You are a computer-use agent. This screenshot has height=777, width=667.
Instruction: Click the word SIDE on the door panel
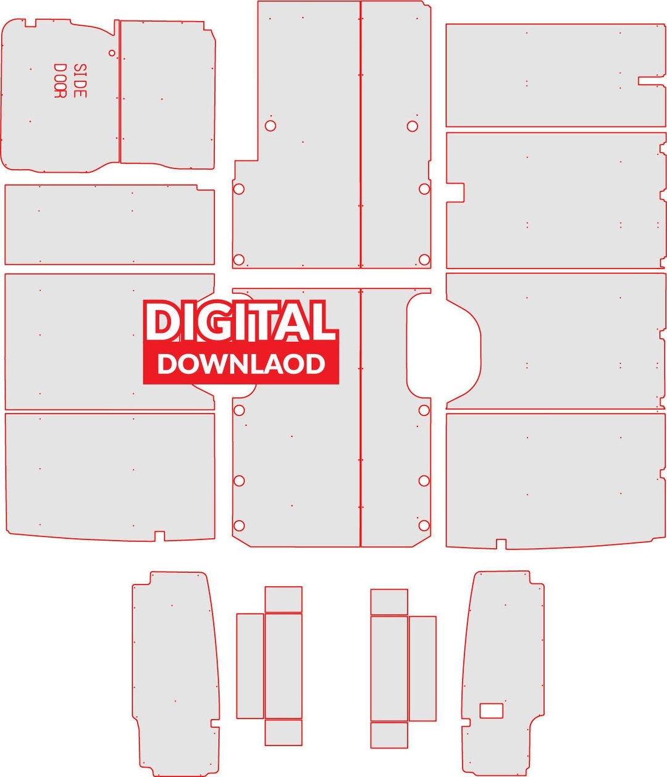[x=80, y=81]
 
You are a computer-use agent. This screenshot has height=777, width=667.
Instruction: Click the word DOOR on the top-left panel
[x=60, y=81]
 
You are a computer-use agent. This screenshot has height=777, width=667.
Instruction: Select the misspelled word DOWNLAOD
[x=241, y=364]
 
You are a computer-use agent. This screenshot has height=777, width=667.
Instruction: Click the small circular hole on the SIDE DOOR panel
[x=112, y=53]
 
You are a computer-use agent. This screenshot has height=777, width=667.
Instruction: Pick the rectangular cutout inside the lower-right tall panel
[x=492, y=710]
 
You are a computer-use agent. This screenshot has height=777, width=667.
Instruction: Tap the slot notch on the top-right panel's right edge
[x=652, y=81]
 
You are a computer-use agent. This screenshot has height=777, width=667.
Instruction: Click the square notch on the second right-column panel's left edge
[x=455, y=193]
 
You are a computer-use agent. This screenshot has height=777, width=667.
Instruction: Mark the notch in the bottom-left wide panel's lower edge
[x=159, y=536]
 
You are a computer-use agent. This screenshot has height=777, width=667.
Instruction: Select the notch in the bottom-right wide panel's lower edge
[x=501, y=544]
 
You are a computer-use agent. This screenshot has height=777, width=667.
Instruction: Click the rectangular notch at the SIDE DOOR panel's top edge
[x=30, y=23]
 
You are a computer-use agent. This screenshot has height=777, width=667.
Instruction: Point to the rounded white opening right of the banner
[x=444, y=346]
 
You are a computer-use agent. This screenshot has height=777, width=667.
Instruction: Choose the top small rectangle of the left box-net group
[x=283, y=599]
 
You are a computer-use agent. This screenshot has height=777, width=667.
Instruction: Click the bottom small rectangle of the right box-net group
[x=389, y=735]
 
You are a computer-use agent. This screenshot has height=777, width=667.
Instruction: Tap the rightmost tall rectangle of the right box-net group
[x=422, y=668]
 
